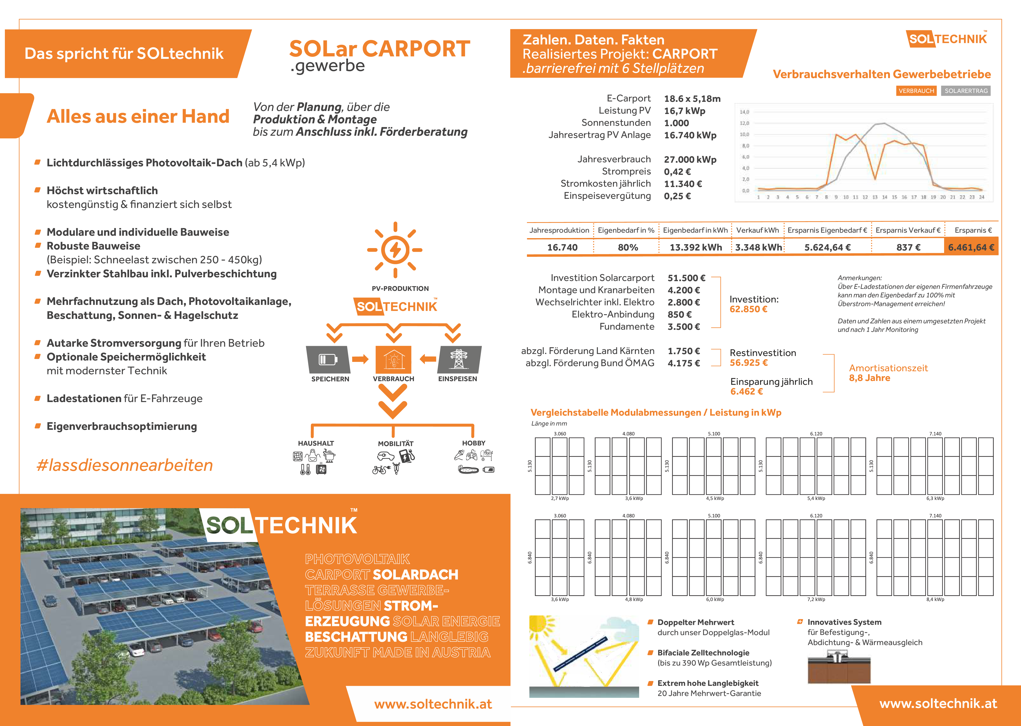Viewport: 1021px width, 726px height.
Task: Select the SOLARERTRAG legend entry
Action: click(966, 91)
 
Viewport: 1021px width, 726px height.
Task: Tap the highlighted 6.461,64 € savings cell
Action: click(971, 247)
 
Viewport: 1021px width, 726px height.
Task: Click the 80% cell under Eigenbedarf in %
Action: click(628, 247)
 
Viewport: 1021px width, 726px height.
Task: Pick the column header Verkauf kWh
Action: click(757, 230)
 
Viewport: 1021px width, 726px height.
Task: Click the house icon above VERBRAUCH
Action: click(393, 359)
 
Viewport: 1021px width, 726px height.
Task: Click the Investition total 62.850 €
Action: click(748, 309)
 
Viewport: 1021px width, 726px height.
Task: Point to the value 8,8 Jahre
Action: click(869, 378)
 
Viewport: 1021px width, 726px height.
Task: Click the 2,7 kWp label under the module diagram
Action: click(560, 498)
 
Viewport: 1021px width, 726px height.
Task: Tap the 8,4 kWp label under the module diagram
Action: click(935, 599)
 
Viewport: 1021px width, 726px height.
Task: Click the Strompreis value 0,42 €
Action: click(677, 172)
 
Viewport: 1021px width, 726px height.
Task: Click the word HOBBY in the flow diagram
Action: click(473, 443)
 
